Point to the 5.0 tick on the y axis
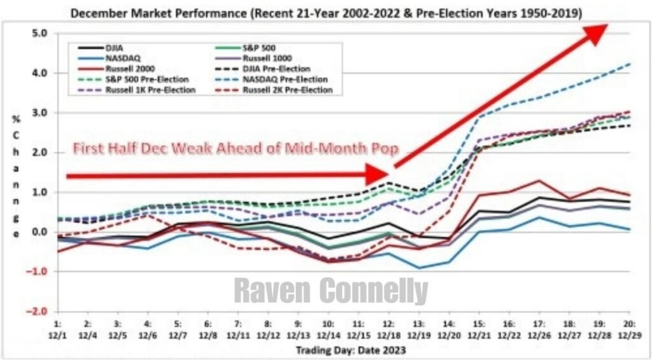[x=39, y=33]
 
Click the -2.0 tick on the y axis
[x=38, y=311]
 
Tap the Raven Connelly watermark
[x=330, y=291]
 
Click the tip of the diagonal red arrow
[x=606, y=25]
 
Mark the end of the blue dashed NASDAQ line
[x=630, y=64]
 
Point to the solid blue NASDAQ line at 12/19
[x=420, y=268]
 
